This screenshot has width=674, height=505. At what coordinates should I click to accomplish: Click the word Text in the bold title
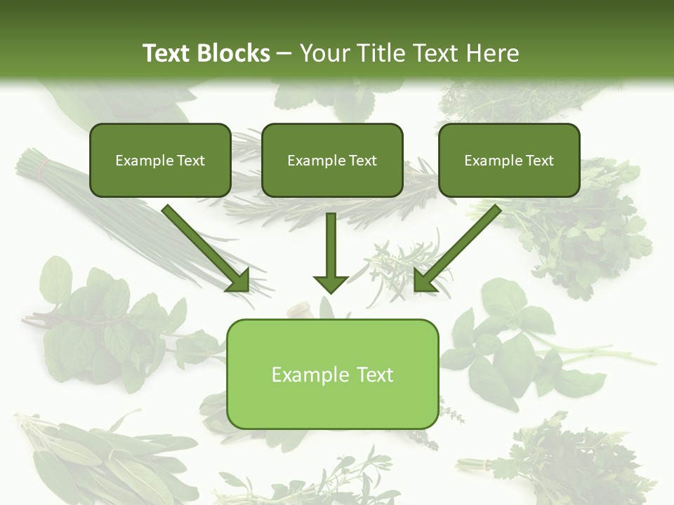(x=168, y=53)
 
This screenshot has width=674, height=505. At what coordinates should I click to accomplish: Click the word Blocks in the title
(x=234, y=53)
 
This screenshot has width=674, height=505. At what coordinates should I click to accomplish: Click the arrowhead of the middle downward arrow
(x=331, y=283)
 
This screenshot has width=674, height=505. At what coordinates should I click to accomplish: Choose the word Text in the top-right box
(x=539, y=161)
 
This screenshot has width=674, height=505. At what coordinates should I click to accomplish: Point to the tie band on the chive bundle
(x=45, y=167)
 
